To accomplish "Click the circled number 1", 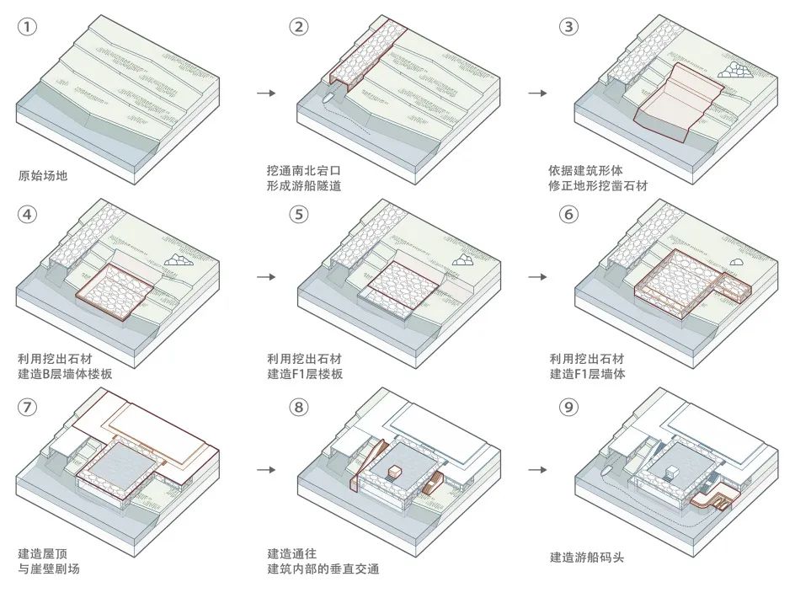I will tap(29, 27).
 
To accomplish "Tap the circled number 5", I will tap(298, 214).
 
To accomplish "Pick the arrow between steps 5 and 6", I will tap(538, 276).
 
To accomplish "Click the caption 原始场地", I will tap(42, 177).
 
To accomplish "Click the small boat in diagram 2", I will tap(328, 98).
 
